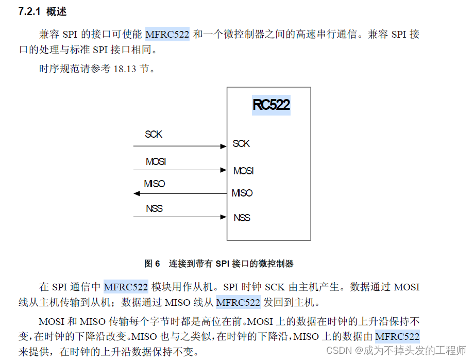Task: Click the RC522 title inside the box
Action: pyautogui.click(x=271, y=105)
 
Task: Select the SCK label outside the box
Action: pyautogui.click(x=154, y=134)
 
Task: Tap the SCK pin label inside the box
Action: pyautogui.click(x=241, y=143)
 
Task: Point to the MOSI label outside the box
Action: pyautogui.click(x=156, y=161)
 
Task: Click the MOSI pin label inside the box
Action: pyautogui.click(x=243, y=171)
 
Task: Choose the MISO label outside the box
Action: pyautogui.click(x=155, y=184)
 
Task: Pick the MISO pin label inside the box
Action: pyautogui.click(x=242, y=193)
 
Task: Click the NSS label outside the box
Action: pyautogui.click(x=154, y=208)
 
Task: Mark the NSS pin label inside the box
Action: pyautogui.click(x=242, y=218)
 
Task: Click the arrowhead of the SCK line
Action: pyautogui.click(x=224, y=146)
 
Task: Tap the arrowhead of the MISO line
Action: pyautogui.click(x=137, y=193)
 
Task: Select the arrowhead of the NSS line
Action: pyautogui.click(x=224, y=217)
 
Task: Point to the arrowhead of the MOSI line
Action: pyautogui.click(x=224, y=170)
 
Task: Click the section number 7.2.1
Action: pyautogui.click(x=29, y=12)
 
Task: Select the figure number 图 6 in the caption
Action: pyautogui.click(x=153, y=264)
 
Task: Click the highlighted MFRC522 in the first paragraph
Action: pyautogui.click(x=167, y=35)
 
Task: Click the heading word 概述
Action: pyautogui.click(x=56, y=12)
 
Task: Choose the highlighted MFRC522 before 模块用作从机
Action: pyautogui.click(x=126, y=287)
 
